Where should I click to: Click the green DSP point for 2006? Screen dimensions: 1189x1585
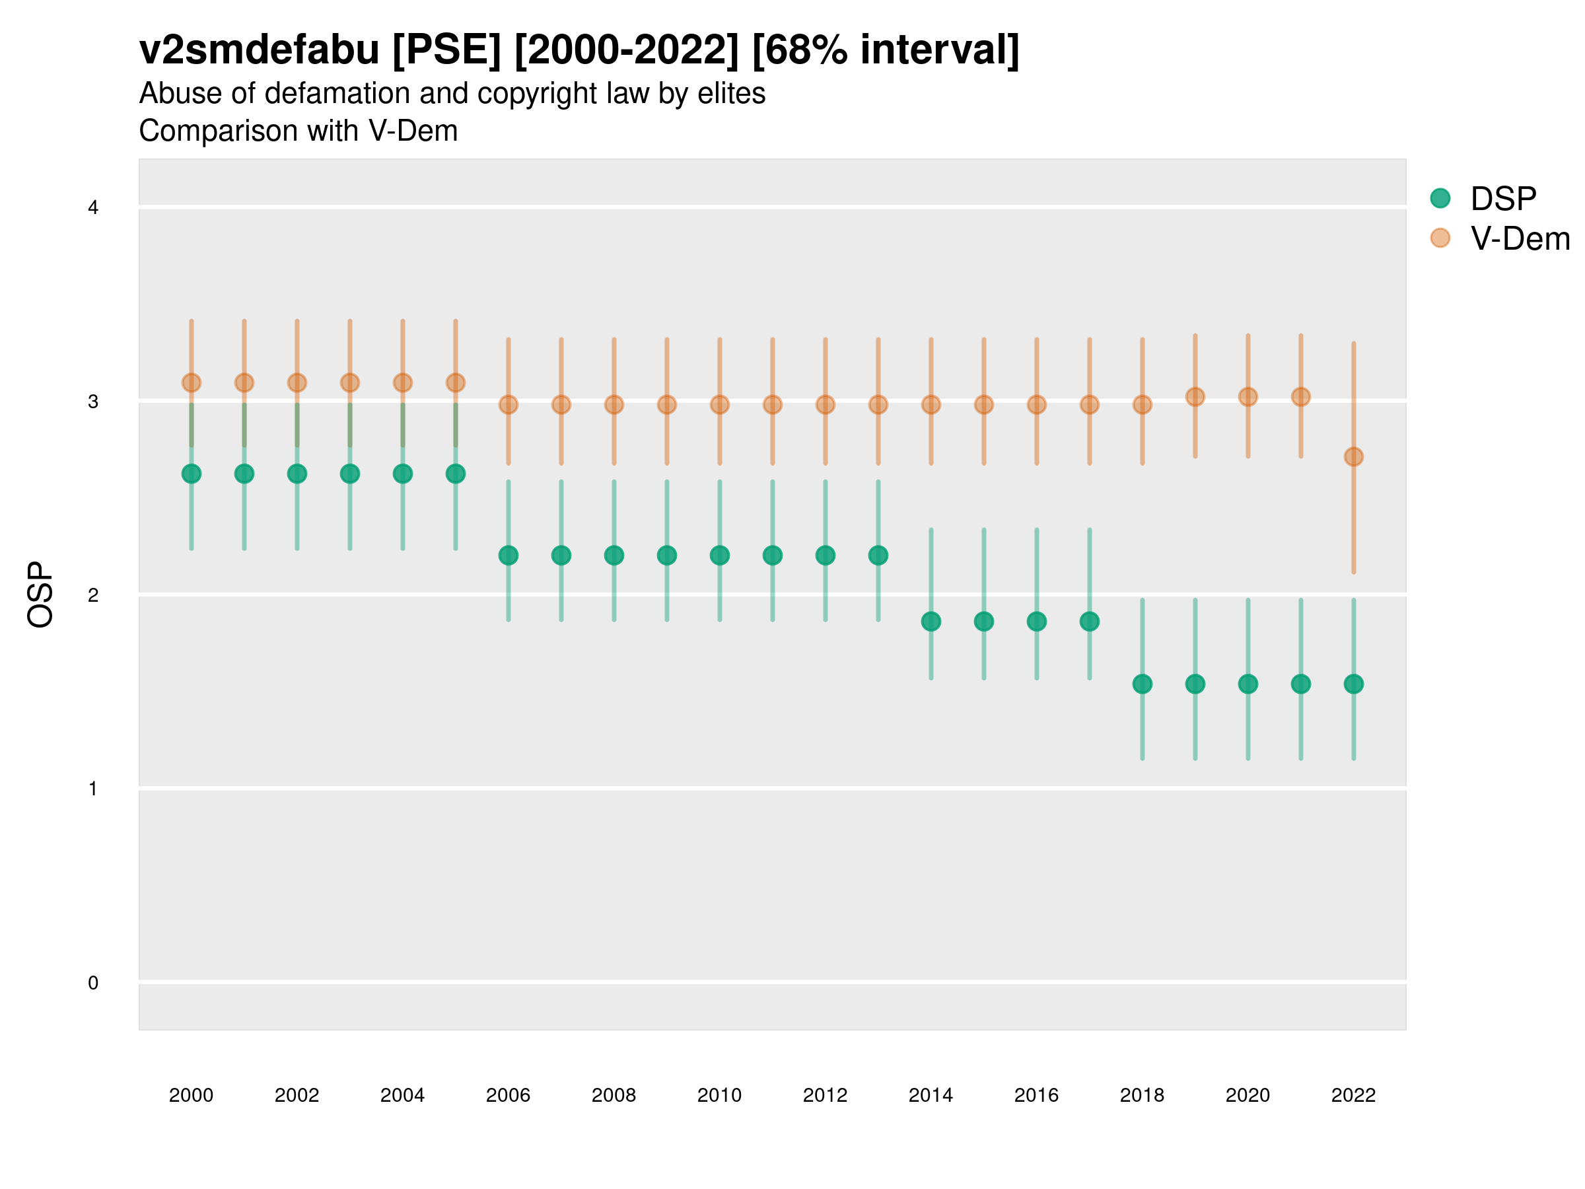pyautogui.click(x=508, y=556)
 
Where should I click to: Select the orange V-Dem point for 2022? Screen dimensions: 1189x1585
pyautogui.click(x=1354, y=456)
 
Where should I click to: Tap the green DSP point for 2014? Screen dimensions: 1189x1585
pyautogui.click(x=931, y=622)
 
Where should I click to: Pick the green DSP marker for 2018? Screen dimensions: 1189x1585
pyautogui.click(x=1142, y=684)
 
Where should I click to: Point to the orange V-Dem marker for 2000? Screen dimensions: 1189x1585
pyautogui.click(x=192, y=382)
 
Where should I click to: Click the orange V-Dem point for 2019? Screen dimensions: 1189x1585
pyautogui.click(x=1195, y=397)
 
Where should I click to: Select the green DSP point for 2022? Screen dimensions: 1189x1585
pyautogui.click(x=1354, y=684)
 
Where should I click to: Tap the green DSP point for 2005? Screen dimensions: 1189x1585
pyautogui.click(x=456, y=474)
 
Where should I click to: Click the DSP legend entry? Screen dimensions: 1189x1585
pyautogui.click(x=1502, y=199)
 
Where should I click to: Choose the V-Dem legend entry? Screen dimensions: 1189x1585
pyautogui.click(x=1519, y=238)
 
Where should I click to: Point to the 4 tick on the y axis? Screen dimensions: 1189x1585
pyautogui.click(x=93, y=208)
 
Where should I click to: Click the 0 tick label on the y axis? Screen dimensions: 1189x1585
pyautogui.click(x=93, y=983)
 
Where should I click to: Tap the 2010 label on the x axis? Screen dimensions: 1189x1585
pyautogui.click(x=719, y=1095)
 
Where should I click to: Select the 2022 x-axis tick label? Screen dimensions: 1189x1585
pyautogui.click(x=1354, y=1095)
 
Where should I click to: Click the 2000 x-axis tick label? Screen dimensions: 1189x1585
pyautogui.click(x=192, y=1095)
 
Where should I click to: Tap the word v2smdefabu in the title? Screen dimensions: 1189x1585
pyautogui.click(x=259, y=50)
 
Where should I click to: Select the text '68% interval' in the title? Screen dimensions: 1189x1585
pyautogui.click(x=886, y=50)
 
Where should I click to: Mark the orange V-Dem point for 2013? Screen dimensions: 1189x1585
pyautogui.click(x=878, y=405)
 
